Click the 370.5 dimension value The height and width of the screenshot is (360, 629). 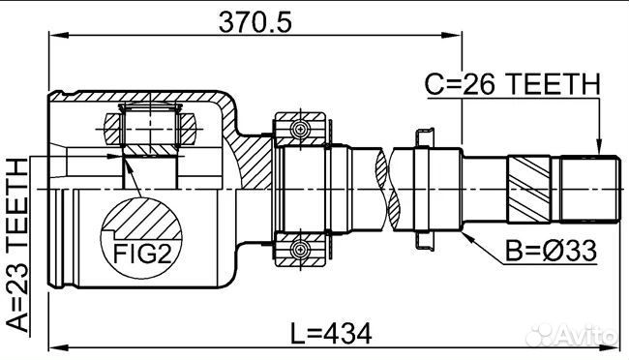click(x=255, y=21)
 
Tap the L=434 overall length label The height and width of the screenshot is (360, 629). click(x=331, y=334)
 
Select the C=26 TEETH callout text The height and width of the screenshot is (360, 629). click(x=512, y=84)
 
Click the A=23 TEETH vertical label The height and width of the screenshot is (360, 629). click(x=17, y=245)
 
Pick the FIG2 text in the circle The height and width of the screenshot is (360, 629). click(x=142, y=254)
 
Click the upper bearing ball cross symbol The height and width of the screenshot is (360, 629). click(x=300, y=129)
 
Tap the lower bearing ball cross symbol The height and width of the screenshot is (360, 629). click(x=300, y=250)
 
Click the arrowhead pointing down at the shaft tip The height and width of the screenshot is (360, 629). click(x=599, y=147)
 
